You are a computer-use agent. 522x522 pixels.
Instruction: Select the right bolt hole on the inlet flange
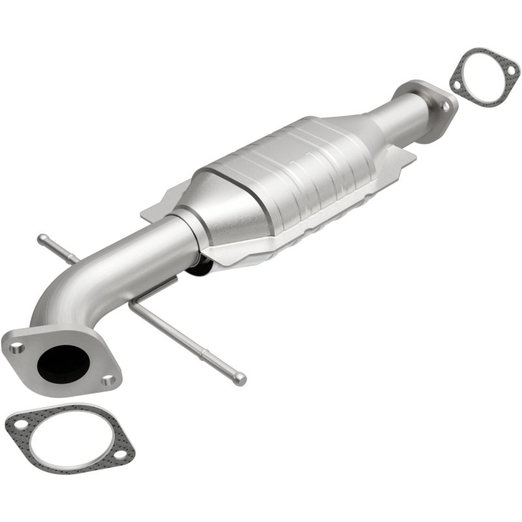coord(109,379)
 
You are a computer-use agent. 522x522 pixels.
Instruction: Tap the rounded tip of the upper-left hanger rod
coord(41,239)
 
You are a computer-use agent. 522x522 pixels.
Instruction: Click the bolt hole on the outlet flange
coord(446,106)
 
